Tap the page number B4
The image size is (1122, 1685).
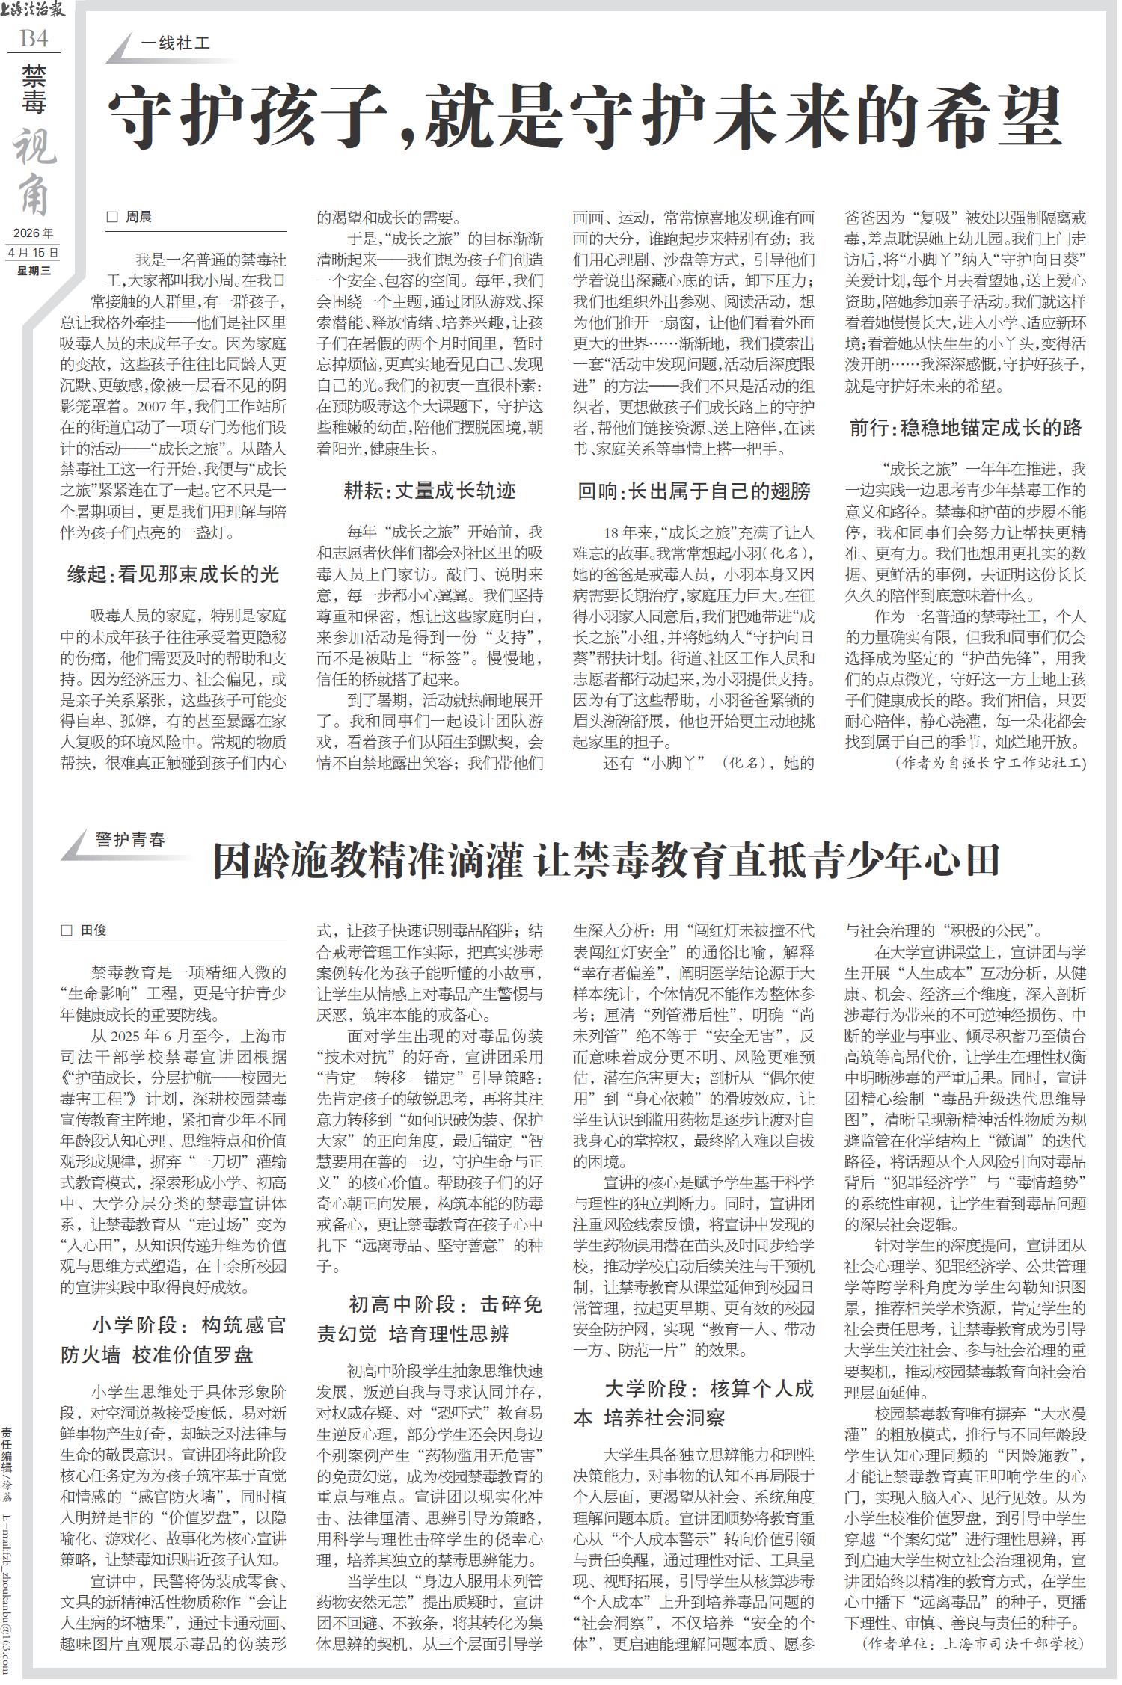click(x=34, y=38)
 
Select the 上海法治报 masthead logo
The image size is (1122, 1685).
click(x=34, y=11)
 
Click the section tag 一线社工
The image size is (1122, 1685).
click(x=175, y=44)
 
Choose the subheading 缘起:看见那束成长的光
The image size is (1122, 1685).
click(x=173, y=574)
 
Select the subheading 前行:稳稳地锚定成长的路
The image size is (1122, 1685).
click(x=965, y=428)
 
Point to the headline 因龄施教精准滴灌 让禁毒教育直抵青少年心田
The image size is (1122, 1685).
click(x=606, y=861)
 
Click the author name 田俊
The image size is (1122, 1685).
click(x=93, y=930)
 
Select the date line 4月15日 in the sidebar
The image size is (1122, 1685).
click(x=34, y=254)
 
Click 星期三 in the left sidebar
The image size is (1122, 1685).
click(x=34, y=271)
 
